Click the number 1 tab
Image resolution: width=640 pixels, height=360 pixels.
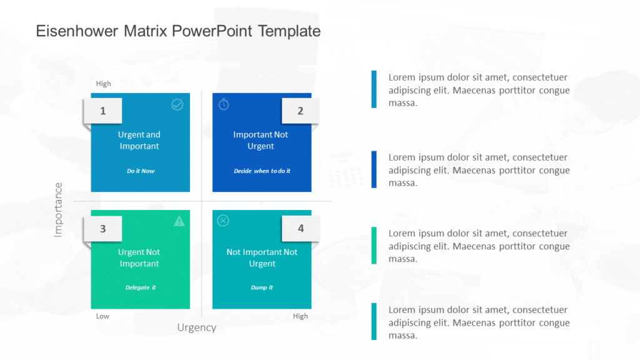tap(103, 111)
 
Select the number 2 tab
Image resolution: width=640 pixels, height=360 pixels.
tap(300, 111)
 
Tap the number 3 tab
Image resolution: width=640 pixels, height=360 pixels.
tap(103, 229)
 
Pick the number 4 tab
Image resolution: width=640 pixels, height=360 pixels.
tap(300, 229)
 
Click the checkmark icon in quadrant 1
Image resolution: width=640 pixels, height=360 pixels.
tap(177, 104)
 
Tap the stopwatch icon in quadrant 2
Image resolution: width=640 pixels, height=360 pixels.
tap(224, 104)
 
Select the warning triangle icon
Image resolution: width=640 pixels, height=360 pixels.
tap(179, 221)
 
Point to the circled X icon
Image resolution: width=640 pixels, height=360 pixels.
tap(223, 221)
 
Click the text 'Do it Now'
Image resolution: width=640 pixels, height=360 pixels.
tap(141, 171)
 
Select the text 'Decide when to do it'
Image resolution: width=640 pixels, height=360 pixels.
tap(262, 171)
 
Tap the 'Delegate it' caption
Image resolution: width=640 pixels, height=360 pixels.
tap(141, 287)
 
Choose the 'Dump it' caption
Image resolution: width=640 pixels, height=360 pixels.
tap(262, 287)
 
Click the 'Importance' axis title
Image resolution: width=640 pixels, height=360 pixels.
tap(58, 209)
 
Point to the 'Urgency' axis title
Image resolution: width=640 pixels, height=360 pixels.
tap(197, 327)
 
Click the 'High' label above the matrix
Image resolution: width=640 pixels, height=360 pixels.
tap(103, 84)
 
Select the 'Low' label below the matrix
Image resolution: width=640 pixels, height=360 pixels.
tap(102, 316)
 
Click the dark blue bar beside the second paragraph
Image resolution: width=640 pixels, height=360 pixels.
tap(374, 169)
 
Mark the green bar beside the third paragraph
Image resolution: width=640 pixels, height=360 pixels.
tap(374, 245)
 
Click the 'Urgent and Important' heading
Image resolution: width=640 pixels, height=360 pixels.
tap(139, 140)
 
